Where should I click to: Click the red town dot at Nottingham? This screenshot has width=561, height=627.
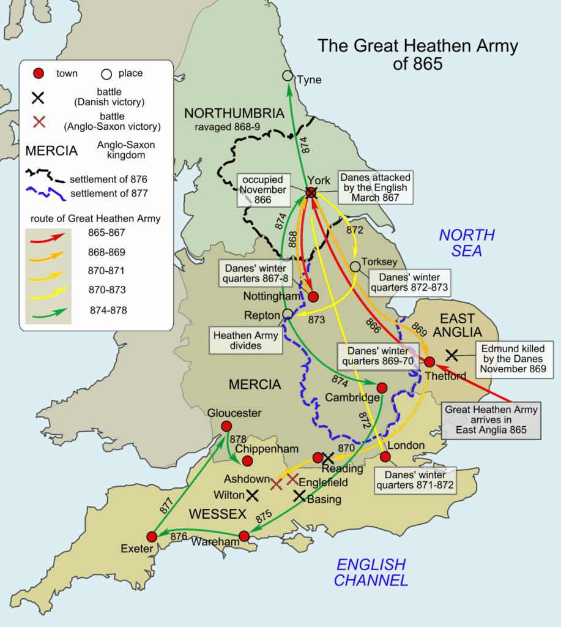pyautogui.click(x=313, y=297)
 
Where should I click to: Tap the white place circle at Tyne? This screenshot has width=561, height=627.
pyautogui.click(x=288, y=75)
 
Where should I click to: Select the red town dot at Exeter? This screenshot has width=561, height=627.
pyautogui.click(x=152, y=536)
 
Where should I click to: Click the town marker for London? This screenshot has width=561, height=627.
pyautogui.click(x=385, y=457)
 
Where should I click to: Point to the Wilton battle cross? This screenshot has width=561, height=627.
pyautogui.click(x=253, y=494)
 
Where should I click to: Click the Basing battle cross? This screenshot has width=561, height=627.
pyautogui.click(x=299, y=496)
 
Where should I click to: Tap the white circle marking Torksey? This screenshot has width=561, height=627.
pyautogui.click(x=355, y=267)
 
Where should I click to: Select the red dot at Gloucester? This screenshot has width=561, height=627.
pyautogui.click(x=226, y=426)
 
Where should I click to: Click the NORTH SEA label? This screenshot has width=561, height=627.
pyautogui.click(x=467, y=242)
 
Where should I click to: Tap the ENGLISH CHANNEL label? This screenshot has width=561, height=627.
pyautogui.click(x=371, y=572)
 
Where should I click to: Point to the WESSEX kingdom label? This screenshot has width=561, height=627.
pyautogui.click(x=217, y=514)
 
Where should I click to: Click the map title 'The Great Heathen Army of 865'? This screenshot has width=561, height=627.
pyautogui.click(x=417, y=54)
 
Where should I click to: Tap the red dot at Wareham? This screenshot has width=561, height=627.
pyautogui.click(x=244, y=536)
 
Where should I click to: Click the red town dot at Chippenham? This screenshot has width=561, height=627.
pyautogui.click(x=248, y=460)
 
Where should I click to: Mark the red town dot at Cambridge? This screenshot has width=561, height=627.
pyautogui.click(x=382, y=388)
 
